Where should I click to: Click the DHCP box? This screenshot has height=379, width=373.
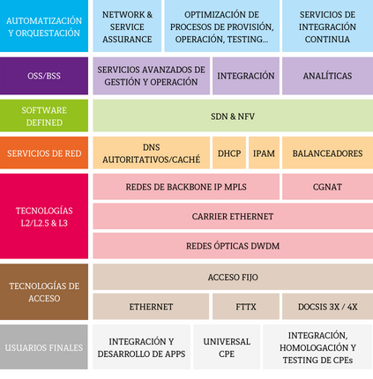coord(229,152)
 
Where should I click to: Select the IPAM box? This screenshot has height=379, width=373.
coord(264,152)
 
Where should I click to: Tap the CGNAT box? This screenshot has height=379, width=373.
coord(327,187)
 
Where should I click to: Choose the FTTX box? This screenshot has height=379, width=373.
coord(246,307)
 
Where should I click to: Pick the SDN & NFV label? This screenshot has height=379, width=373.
coord(233,116)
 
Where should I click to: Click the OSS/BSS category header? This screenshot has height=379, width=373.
coord(44,76)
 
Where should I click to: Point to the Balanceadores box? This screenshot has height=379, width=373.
coord(327,152)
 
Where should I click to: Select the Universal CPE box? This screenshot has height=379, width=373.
coord(227,347)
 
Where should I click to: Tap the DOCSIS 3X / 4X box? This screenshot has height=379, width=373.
coord(327,307)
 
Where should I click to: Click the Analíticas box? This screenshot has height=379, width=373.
coord(327,76)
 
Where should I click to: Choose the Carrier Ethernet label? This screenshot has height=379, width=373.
coord(233,217)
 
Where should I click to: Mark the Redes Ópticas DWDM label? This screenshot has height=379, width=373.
coord(233,246)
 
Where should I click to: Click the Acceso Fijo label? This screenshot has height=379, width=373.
coord(233,277)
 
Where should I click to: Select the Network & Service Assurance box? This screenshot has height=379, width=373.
coord(127,26)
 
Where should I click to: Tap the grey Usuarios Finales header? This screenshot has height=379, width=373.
coord(44,347)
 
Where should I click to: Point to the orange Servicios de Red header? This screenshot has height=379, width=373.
coord(44,152)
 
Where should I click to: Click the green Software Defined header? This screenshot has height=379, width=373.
coord(44,115)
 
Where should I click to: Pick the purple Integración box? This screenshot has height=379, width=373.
coord(246,76)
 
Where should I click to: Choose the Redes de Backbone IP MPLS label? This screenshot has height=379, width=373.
coord(186,187)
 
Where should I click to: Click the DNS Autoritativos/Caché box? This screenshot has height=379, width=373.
coord(152,152)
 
